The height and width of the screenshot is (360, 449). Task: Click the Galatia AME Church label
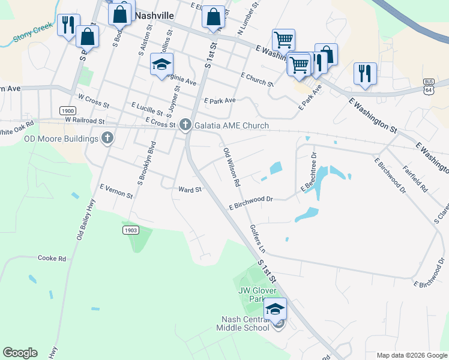click(x=231, y=125)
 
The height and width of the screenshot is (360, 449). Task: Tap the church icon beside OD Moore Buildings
click(x=107, y=139)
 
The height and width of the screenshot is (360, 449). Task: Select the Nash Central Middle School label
click(x=246, y=323)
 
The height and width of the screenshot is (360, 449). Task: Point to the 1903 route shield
click(x=130, y=230)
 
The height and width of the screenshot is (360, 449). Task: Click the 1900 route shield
click(x=67, y=111)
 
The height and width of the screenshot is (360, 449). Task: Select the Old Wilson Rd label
click(x=232, y=167)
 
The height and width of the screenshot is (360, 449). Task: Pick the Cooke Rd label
click(x=51, y=258)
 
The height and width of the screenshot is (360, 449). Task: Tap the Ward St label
click(x=188, y=190)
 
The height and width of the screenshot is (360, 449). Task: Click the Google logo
click(x=20, y=353)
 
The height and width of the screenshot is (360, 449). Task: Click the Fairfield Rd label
click(x=415, y=178)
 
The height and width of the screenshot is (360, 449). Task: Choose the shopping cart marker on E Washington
click(x=283, y=40)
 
